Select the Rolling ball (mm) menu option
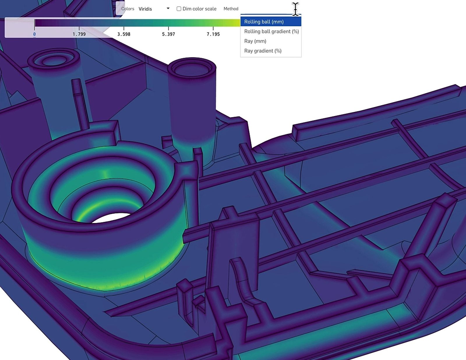pos(264,22)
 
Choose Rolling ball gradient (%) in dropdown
pos(271,31)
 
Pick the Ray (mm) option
pos(255,41)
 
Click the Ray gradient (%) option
pos(263,51)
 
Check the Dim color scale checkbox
pos(179,9)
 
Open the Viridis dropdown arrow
pos(168,8)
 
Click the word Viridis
pos(145,9)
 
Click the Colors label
pos(128,9)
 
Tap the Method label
pos(231,9)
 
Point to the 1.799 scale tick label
pos(79,34)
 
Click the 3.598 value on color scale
pos(124,34)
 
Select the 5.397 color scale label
pos(168,34)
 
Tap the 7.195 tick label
pos(213,34)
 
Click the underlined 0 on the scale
pos(34,34)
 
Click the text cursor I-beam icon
pos(295,9)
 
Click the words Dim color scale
pos(199,9)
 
